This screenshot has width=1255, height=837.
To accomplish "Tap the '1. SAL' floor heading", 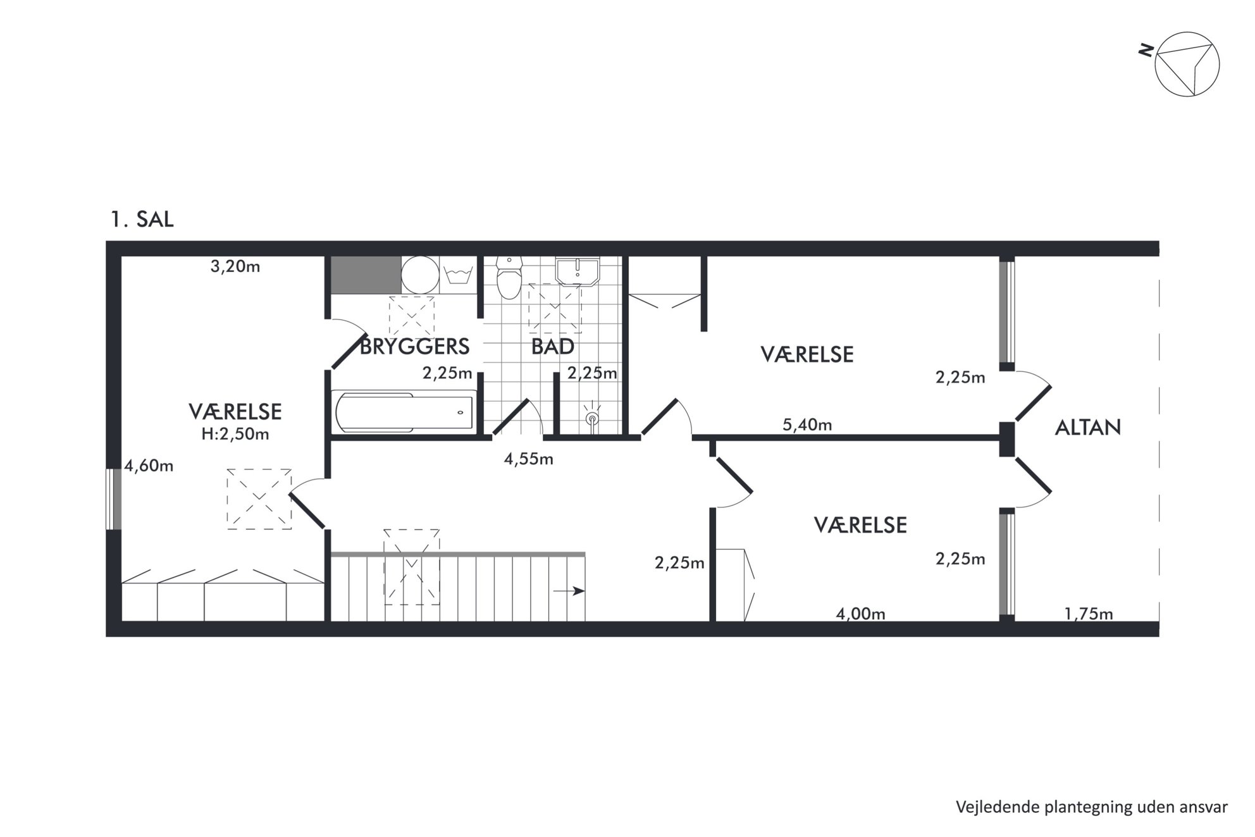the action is pos(142,220).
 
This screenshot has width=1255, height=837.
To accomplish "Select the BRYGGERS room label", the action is pos(414,347).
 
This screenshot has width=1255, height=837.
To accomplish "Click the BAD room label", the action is pos(552,347).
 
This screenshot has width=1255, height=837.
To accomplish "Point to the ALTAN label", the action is pos(1087,428).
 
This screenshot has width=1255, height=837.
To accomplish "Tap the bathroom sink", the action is pos(577,272).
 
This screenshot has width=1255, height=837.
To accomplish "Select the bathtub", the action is pos(404,412).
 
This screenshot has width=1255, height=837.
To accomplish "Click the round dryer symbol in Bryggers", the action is pos(420,275).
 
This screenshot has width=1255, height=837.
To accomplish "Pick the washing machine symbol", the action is pos(459,275).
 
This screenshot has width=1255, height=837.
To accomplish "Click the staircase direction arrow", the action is pos(569,592).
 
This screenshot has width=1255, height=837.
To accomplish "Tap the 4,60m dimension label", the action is pos(149,466).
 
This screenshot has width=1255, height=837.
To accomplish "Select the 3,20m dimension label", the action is pos(235,266).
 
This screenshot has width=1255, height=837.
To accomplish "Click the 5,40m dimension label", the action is pos(807,425).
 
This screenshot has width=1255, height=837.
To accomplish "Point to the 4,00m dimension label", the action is pos(860,614).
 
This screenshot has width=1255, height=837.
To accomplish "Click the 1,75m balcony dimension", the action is pos(1089,614).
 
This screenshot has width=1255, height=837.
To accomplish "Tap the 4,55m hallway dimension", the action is pos(528,459).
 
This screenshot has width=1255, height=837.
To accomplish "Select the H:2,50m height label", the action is pos(235,434).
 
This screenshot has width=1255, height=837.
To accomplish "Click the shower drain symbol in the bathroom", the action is pos(592,418).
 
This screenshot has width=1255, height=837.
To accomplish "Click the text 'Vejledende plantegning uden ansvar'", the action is pos(1092,807).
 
